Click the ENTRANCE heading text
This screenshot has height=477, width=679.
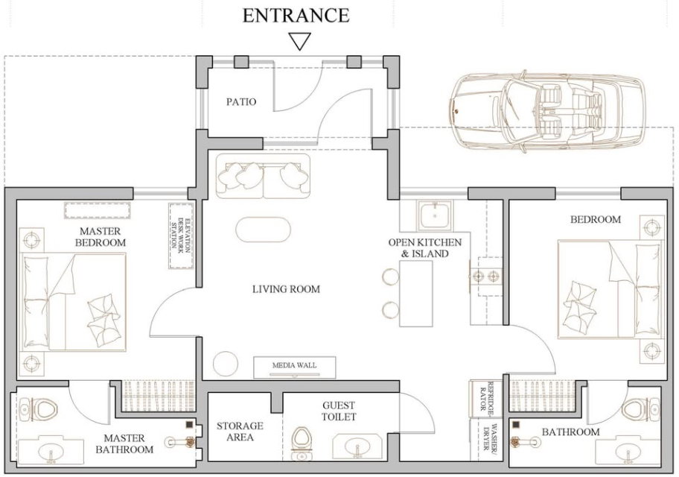click(x=296, y=15)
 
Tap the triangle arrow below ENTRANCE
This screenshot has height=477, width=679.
click(x=299, y=42)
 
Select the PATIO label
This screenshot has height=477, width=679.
click(x=241, y=102)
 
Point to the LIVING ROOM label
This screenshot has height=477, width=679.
click(x=286, y=288)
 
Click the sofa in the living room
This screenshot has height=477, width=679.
click(x=264, y=176)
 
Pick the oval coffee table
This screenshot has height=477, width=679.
click(x=264, y=229)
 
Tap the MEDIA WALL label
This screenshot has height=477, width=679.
click(x=295, y=365)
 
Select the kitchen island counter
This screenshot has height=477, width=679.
click(x=415, y=294)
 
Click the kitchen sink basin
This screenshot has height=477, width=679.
click(x=434, y=215)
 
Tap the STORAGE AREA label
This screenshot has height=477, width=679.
click(x=240, y=432)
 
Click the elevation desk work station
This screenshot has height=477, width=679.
click(x=181, y=236)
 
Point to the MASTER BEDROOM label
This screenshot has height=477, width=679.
click(x=101, y=237)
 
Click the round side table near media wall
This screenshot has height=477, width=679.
click(x=226, y=363)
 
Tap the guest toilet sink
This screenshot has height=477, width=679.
click(x=357, y=447)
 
